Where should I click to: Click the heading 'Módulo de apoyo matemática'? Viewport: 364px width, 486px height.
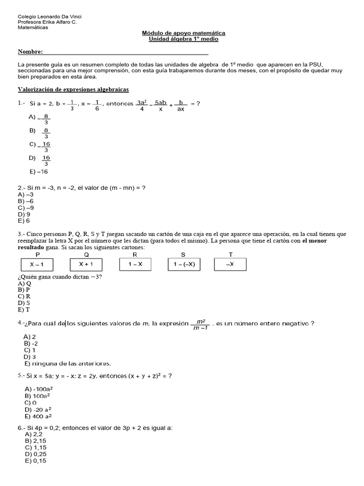[183, 33]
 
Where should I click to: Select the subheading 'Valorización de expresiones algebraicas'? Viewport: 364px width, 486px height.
[73, 89]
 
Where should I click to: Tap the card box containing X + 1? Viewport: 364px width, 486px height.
[86, 264]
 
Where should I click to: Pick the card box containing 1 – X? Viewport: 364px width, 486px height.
[136, 264]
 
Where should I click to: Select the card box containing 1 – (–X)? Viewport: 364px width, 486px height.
[184, 264]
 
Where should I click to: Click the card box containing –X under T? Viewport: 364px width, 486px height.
[230, 264]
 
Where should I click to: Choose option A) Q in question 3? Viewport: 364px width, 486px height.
[25, 283]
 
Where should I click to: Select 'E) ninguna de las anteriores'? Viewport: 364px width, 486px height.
[67, 364]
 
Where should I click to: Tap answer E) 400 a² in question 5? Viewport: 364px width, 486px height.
[38, 416]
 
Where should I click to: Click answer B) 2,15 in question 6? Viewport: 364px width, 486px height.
[35, 440]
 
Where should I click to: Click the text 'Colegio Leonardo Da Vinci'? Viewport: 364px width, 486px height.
[49, 17]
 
